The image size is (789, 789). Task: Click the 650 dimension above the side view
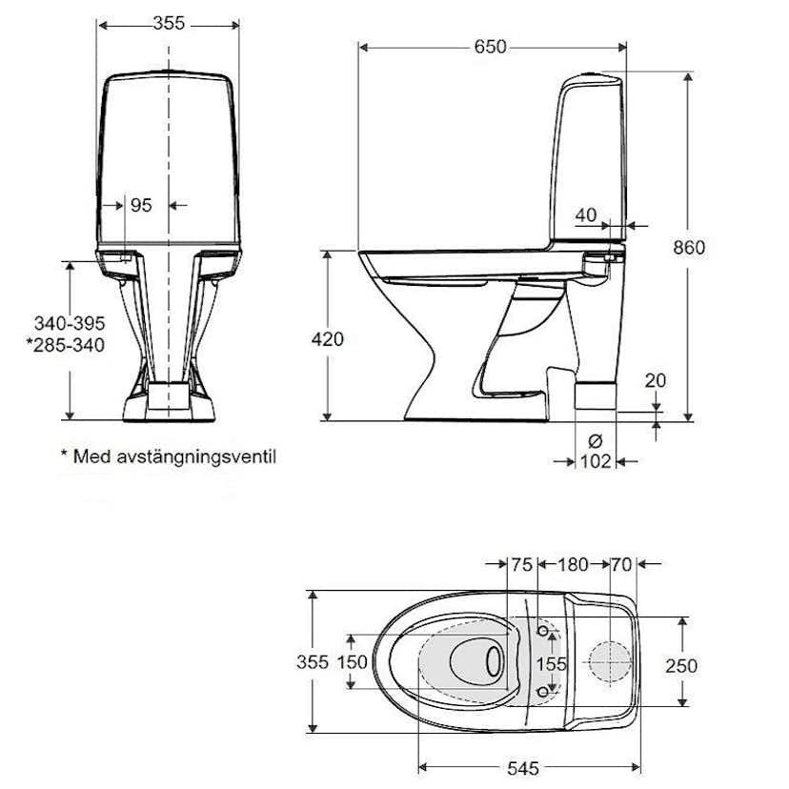(492, 47)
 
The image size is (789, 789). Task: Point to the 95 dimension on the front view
(141, 205)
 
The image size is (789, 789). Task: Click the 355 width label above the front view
(169, 23)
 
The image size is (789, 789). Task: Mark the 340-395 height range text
(67, 324)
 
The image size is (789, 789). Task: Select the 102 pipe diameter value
(596, 462)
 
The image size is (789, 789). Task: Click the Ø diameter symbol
(596, 441)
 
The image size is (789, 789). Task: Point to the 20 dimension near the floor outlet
(655, 380)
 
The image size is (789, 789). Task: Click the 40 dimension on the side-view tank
(586, 215)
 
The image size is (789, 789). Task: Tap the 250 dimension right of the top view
(680, 665)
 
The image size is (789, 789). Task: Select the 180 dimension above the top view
(572, 565)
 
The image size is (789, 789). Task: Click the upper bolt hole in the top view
(543, 632)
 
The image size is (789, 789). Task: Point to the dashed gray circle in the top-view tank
(609, 661)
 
